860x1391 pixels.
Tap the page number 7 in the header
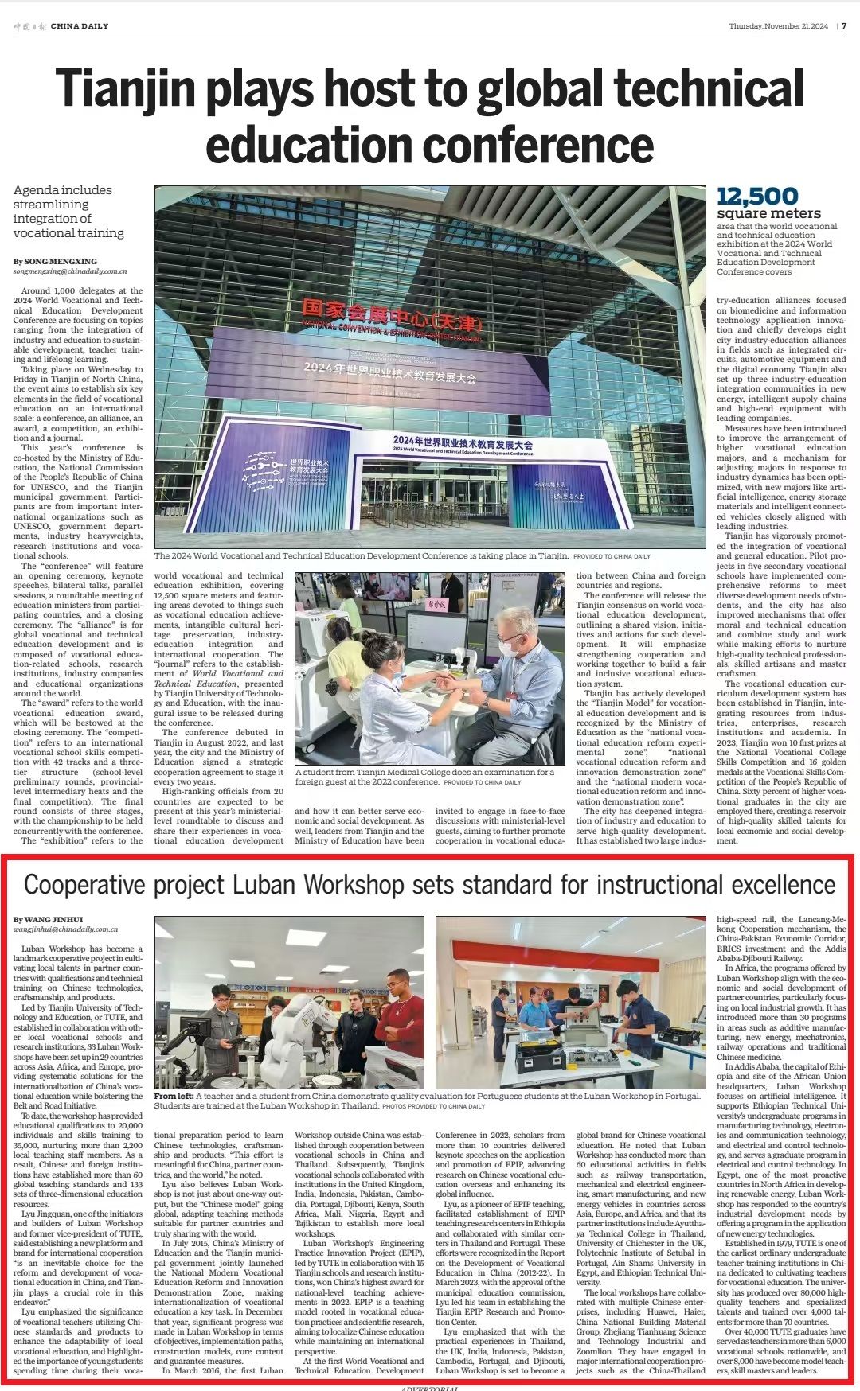coord(844,25)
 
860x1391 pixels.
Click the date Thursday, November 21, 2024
coord(778,26)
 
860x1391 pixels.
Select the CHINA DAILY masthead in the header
coord(79,26)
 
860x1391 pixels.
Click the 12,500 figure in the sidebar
coord(757,197)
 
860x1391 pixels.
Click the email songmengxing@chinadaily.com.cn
coord(70,271)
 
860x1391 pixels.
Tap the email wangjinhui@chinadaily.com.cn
coord(65,929)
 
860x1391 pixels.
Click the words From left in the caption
coord(174,1096)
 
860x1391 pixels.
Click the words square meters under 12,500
coord(768,213)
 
